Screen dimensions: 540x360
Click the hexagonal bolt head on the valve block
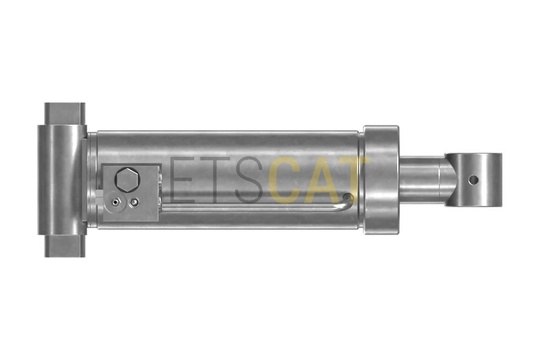[x=127, y=179]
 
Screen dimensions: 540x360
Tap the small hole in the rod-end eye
[x=474, y=180]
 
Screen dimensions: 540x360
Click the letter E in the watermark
[x=183, y=180]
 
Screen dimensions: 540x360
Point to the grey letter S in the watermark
[x=250, y=180]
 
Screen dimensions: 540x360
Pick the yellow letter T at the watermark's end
[x=355, y=180]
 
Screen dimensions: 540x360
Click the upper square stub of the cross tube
[x=65, y=114]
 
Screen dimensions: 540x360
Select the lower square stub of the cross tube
[x=65, y=246]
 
